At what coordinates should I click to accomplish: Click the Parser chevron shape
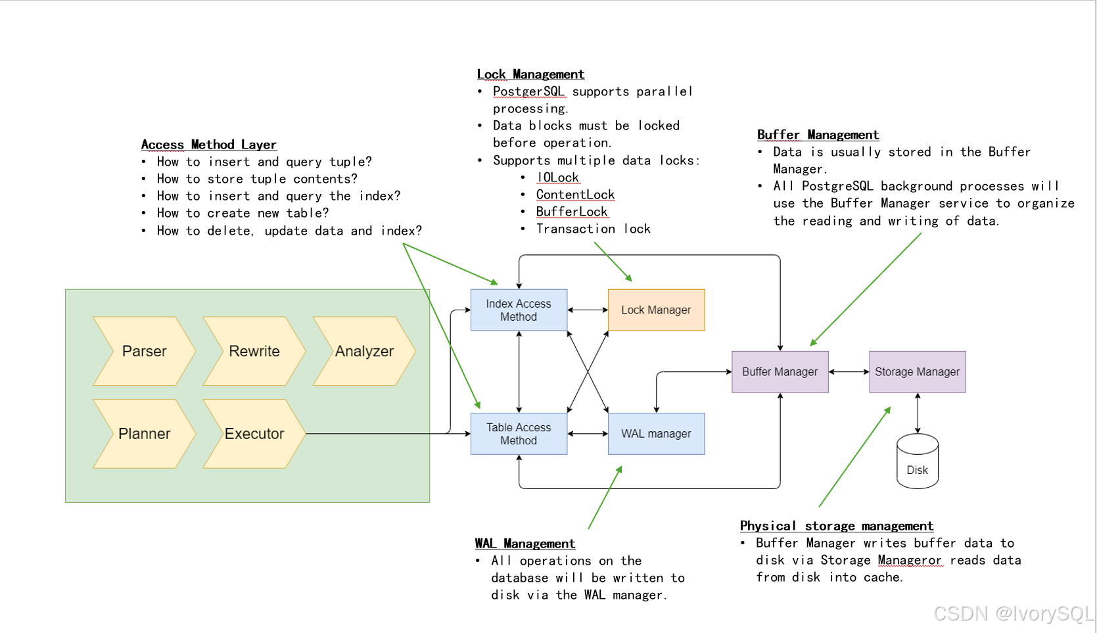(x=145, y=351)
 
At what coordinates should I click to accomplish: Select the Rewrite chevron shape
(x=254, y=351)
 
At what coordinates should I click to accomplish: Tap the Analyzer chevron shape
(x=364, y=351)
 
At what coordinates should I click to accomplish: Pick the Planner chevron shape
(x=145, y=434)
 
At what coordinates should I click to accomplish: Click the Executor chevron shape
(x=254, y=434)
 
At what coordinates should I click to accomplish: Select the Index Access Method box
(x=519, y=310)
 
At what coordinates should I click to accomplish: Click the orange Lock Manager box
(x=656, y=310)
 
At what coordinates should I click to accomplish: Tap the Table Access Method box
(x=519, y=434)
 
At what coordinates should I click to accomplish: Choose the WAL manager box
(x=656, y=434)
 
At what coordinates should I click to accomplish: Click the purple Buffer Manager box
(x=780, y=372)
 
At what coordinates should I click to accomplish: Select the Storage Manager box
(x=918, y=372)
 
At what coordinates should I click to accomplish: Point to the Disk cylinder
(x=918, y=461)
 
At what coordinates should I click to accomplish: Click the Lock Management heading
(x=530, y=74)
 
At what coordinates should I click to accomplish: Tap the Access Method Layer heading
(x=208, y=145)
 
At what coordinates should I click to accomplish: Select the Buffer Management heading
(x=818, y=135)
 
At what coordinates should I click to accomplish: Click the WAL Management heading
(x=525, y=544)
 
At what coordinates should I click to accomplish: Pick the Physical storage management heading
(x=837, y=526)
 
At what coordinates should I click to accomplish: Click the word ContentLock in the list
(x=575, y=195)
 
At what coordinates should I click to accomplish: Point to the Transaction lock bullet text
(x=594, y=229)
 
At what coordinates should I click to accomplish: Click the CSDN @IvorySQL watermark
(x=1014, y=613)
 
